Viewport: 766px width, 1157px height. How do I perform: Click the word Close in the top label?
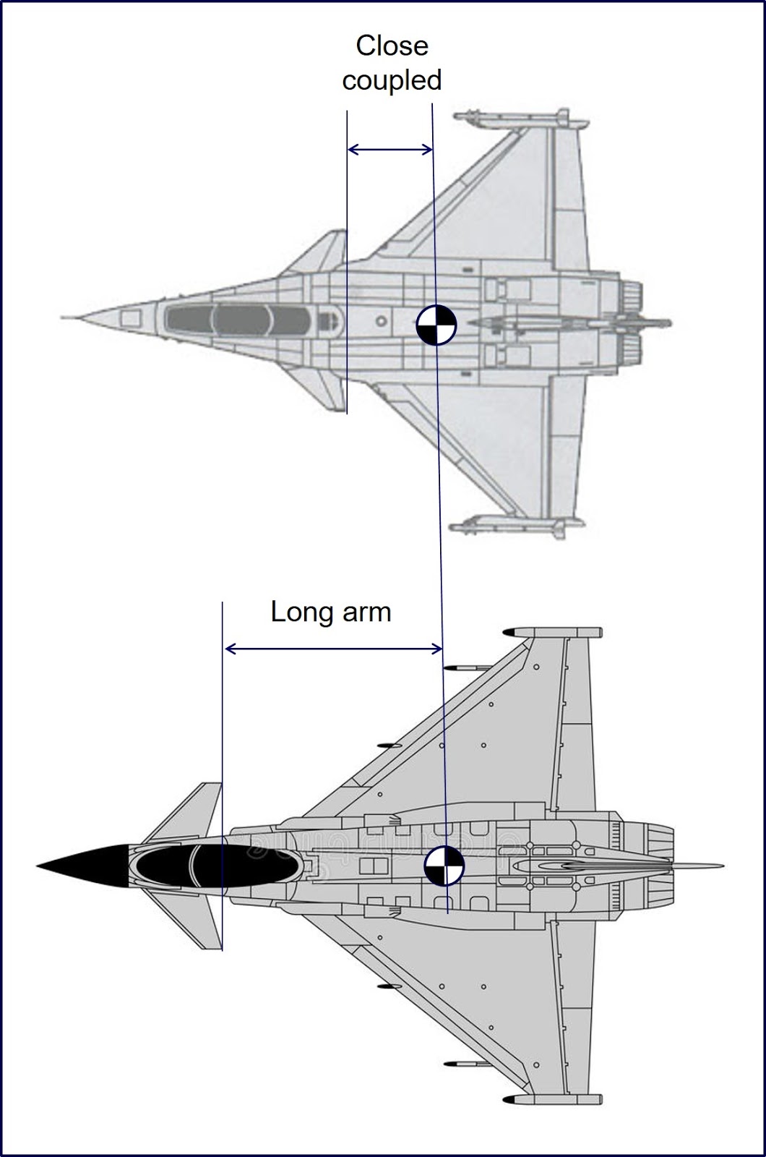(392, 46)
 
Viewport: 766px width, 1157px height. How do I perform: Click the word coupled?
(392, 80)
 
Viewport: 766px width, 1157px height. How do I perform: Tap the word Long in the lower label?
(300, 612)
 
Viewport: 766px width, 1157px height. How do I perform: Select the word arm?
(366, 612)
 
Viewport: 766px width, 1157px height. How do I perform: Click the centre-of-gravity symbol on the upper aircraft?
(436, 325)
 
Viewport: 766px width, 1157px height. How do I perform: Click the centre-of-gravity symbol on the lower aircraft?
(444, 866)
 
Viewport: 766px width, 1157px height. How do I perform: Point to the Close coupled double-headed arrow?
(390, 150)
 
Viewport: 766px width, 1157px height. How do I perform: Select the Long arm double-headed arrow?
(333, 649)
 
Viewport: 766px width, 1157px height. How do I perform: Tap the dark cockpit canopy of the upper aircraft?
(238, 320)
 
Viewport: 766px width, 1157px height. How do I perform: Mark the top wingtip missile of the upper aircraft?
(517, 118)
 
